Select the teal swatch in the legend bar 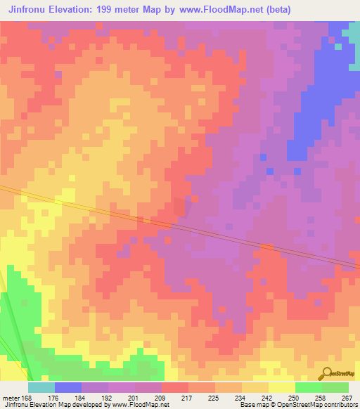point(41,387)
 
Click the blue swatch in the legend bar point(68,387)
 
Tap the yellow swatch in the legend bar point(282,387)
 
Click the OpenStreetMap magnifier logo point(326,373)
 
